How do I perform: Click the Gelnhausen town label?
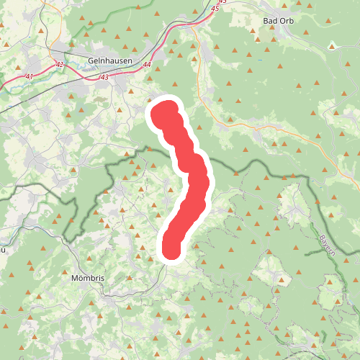(x=109, y=60)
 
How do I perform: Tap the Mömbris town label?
(x=89, y=276)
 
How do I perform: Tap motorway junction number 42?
(x=59, y=66)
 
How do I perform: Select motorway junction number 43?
(x=104, y=76)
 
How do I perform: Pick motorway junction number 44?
(x=148, y=64)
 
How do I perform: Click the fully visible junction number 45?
(x=216, y=9)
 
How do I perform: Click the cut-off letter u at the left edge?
(x=3, y=250)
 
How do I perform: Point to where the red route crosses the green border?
(x=182, y=156)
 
